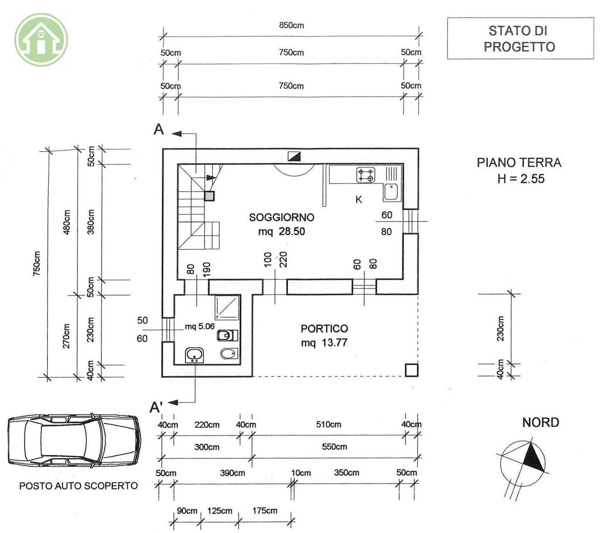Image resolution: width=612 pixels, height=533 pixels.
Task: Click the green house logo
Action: (41, 40)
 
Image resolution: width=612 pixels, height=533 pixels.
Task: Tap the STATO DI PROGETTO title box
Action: (520, 38)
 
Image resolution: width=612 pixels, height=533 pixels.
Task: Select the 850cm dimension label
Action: (291, 25)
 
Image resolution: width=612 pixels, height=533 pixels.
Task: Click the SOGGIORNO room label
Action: (281, 217)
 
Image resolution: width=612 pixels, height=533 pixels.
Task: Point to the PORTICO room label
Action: (324, 329)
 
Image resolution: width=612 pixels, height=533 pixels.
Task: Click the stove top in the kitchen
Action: (366, 175)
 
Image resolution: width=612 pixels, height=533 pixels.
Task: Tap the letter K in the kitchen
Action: (359, 200)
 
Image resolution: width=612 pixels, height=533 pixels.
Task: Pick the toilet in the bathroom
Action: (227, 335)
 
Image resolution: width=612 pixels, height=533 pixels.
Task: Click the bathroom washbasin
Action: (195, 355)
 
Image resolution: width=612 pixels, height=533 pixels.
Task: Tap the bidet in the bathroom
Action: (229, 353)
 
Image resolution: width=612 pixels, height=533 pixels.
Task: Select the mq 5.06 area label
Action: (200, 326)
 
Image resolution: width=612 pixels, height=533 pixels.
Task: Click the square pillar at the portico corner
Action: (412, 370)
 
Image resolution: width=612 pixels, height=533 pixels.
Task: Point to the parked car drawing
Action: (74, 441)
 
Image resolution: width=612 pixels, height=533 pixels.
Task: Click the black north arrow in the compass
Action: (534, 457)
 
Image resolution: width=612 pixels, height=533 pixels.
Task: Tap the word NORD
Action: (540, 422)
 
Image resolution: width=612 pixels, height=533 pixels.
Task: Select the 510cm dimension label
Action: (329, 424)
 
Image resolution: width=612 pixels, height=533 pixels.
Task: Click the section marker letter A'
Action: (156, 407)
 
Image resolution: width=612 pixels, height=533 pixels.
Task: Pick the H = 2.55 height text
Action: (521, 179)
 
